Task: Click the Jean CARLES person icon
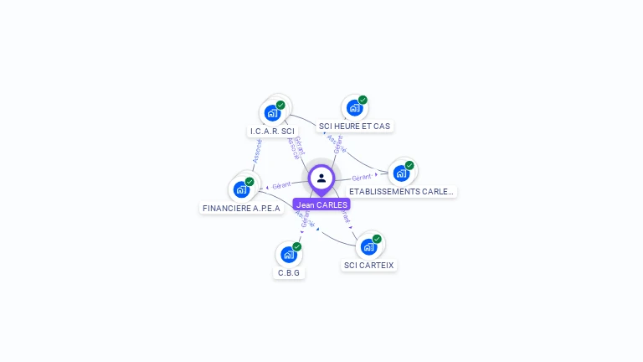[x=321, y=178]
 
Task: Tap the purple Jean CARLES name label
[x=321, y=204]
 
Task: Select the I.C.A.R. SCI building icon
[x=271, y=113]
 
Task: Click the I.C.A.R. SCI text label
[x=272, y=132]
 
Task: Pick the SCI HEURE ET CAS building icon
[x=354, y=108]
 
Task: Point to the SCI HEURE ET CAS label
[x=354, y=127]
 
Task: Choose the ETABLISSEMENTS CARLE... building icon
[x=401, y=173]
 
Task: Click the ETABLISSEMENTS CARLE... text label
[x=402, y=191]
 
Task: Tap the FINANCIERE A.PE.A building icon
[x=241, y=189]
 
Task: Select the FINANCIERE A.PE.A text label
[x=242, y=208]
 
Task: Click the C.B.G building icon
[x=289, y=254]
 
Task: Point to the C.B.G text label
[x=289, y=273]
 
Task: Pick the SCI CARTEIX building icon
[x=368, y=247]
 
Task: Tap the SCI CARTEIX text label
[x=368, y=266]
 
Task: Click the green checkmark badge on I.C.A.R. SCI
[x=280, y=105]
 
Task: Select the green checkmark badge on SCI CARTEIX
[x=377, y=239]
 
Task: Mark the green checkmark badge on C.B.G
[x=297, y=246]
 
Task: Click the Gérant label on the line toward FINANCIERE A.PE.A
[x=281, y=184]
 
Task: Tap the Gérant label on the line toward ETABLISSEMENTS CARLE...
[x=361, y=178]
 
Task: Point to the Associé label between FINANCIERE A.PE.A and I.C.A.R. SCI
[x=257, y=151]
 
